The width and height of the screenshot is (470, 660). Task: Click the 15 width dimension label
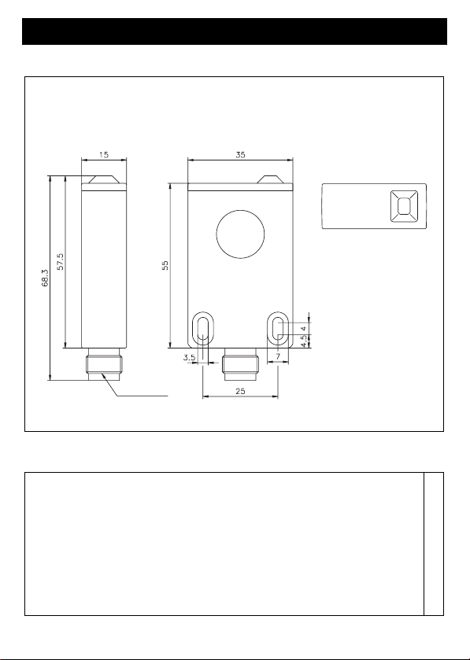[104, 154]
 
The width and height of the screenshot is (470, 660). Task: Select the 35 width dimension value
[240, 154]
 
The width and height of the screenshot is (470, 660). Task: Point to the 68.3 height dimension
[45, 278]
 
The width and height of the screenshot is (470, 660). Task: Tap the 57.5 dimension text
[61, 261]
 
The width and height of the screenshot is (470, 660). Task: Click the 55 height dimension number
[165, 265]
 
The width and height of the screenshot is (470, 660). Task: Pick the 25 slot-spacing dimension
[240, 391]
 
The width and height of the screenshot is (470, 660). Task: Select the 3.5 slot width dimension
[190, 358]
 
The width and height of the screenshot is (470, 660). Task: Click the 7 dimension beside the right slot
[278, 356]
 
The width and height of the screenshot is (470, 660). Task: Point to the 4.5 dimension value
[304, 341]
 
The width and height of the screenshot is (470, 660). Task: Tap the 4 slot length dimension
[304, 328]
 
